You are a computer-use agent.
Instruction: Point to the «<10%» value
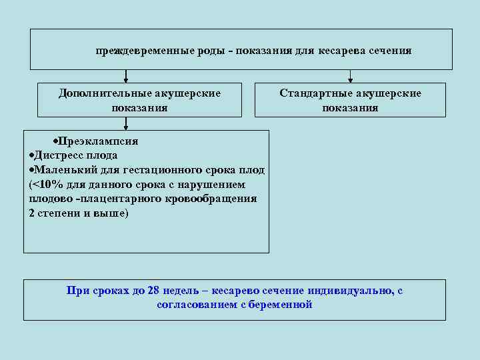click(x=45, y=185)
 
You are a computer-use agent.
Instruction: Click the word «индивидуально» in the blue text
click(x=351, y=291)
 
